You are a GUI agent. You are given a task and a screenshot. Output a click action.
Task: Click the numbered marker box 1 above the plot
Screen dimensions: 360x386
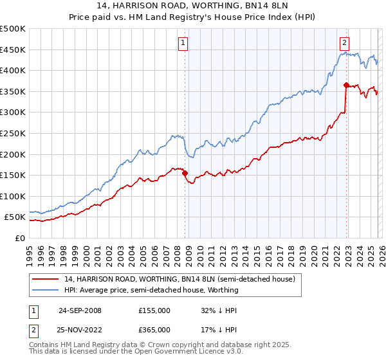183,43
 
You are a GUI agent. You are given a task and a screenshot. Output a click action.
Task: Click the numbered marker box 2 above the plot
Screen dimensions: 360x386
345,43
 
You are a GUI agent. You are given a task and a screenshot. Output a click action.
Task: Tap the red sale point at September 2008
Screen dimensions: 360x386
185,173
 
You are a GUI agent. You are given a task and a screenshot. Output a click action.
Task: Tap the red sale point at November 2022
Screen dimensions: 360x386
346,85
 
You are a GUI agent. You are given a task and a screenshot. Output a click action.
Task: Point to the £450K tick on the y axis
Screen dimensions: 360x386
13,50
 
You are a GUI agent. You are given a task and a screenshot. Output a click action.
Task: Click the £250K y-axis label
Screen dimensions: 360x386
13,133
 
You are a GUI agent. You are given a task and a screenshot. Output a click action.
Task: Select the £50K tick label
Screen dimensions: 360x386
15,217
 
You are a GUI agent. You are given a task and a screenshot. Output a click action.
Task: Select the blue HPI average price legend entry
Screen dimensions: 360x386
151,290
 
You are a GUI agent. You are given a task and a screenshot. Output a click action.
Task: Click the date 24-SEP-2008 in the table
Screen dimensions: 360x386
80,310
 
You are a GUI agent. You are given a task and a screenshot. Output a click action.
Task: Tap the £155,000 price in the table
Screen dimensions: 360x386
154,310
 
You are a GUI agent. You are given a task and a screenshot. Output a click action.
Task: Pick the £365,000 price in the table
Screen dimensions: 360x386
154,330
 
